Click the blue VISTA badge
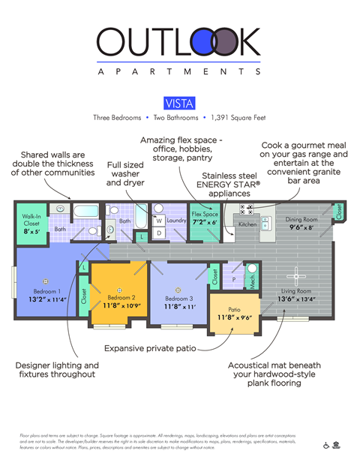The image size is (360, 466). (x=179, y=104)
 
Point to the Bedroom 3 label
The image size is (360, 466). (x=178, y=299)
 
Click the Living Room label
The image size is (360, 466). (x=298, y=290)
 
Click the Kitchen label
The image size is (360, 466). (x=247, y=224)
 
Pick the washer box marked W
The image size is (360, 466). (x=159, y=221)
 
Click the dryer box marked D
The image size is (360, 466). (x=159, y=233)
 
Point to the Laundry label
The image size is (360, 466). (x=177, y=221)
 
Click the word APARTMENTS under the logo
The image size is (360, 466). (x=179, y=72)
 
